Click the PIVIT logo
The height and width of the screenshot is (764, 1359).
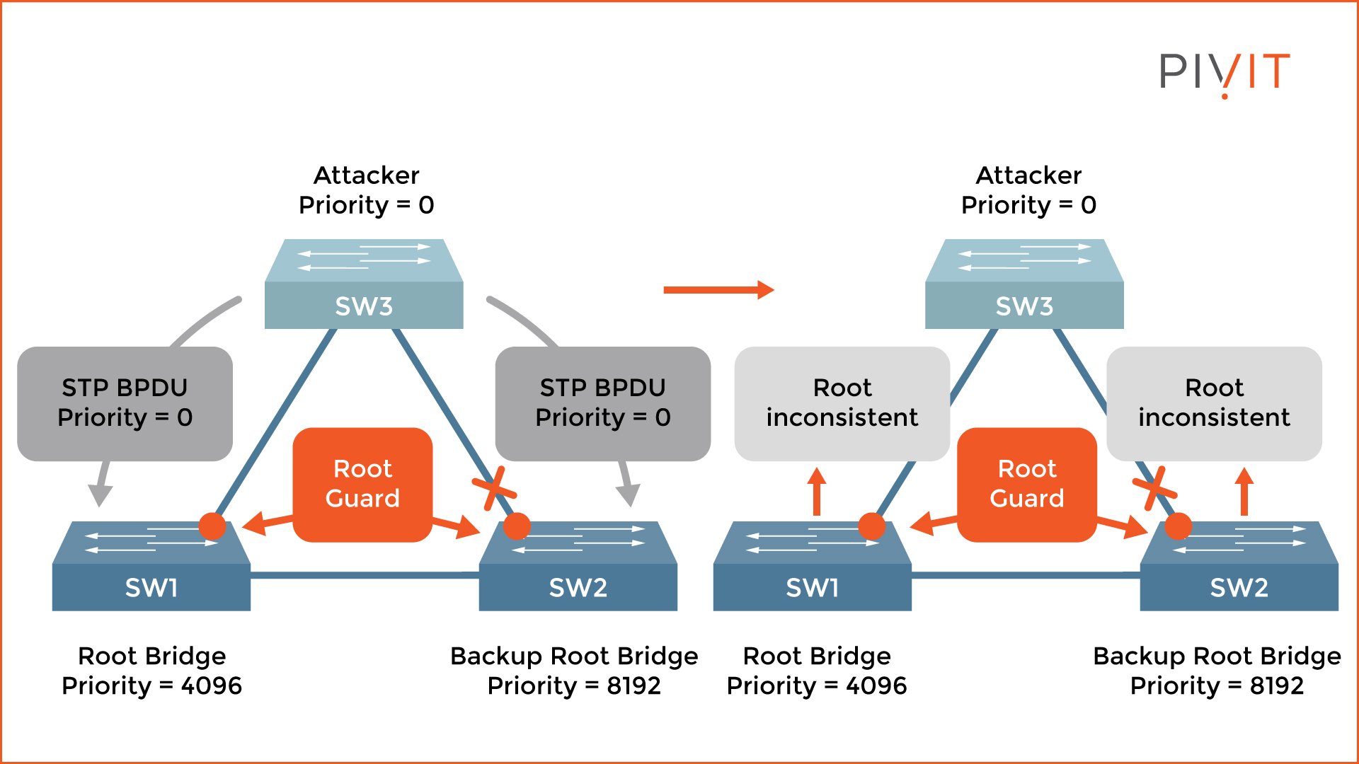[x=1224, y=72]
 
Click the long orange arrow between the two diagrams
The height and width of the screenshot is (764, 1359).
[x=718, y=289]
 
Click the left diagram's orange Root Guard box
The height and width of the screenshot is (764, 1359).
[x=362, y=485]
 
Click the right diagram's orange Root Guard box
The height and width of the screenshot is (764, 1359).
[x=1027, y=485]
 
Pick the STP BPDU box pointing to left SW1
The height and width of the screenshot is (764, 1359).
[x=125, y=403]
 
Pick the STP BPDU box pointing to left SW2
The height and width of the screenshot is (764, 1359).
[x=603, y=403]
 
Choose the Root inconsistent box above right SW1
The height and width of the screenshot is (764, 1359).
[x=842, y=403]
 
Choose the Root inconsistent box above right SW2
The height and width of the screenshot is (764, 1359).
[x=1214, y=403]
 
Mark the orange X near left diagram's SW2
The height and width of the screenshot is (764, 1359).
[x=493, y=487]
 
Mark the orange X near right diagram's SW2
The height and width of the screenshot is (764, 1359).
[x=1154, y=487]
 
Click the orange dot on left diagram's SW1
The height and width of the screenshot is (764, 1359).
[x=212, y=526]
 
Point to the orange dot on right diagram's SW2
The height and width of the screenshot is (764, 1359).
[x=1178, y=526]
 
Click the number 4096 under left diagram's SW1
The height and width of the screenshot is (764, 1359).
[x=211, y=685]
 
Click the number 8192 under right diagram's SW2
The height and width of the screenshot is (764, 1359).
[x=1276, y=685]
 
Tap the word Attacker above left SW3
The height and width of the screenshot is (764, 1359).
[x=366, y=175]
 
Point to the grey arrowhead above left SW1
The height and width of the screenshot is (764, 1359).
[x=100, y=494]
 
